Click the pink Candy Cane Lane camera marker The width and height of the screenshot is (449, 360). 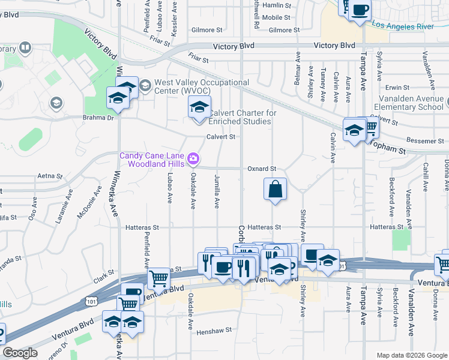[193, 158]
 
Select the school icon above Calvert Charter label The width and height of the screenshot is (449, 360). [199, 108]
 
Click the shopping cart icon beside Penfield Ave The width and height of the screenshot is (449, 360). [158, 278]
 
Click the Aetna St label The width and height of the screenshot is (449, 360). [50, 176]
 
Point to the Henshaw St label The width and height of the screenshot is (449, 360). [214, 331]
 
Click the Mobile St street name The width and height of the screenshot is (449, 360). [276, 17]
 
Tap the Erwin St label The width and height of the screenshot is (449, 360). [397, 88]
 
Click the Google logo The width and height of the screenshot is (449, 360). [20, 353]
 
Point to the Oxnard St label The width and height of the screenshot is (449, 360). [262, 169]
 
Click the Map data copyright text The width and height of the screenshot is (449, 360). [411, 355]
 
